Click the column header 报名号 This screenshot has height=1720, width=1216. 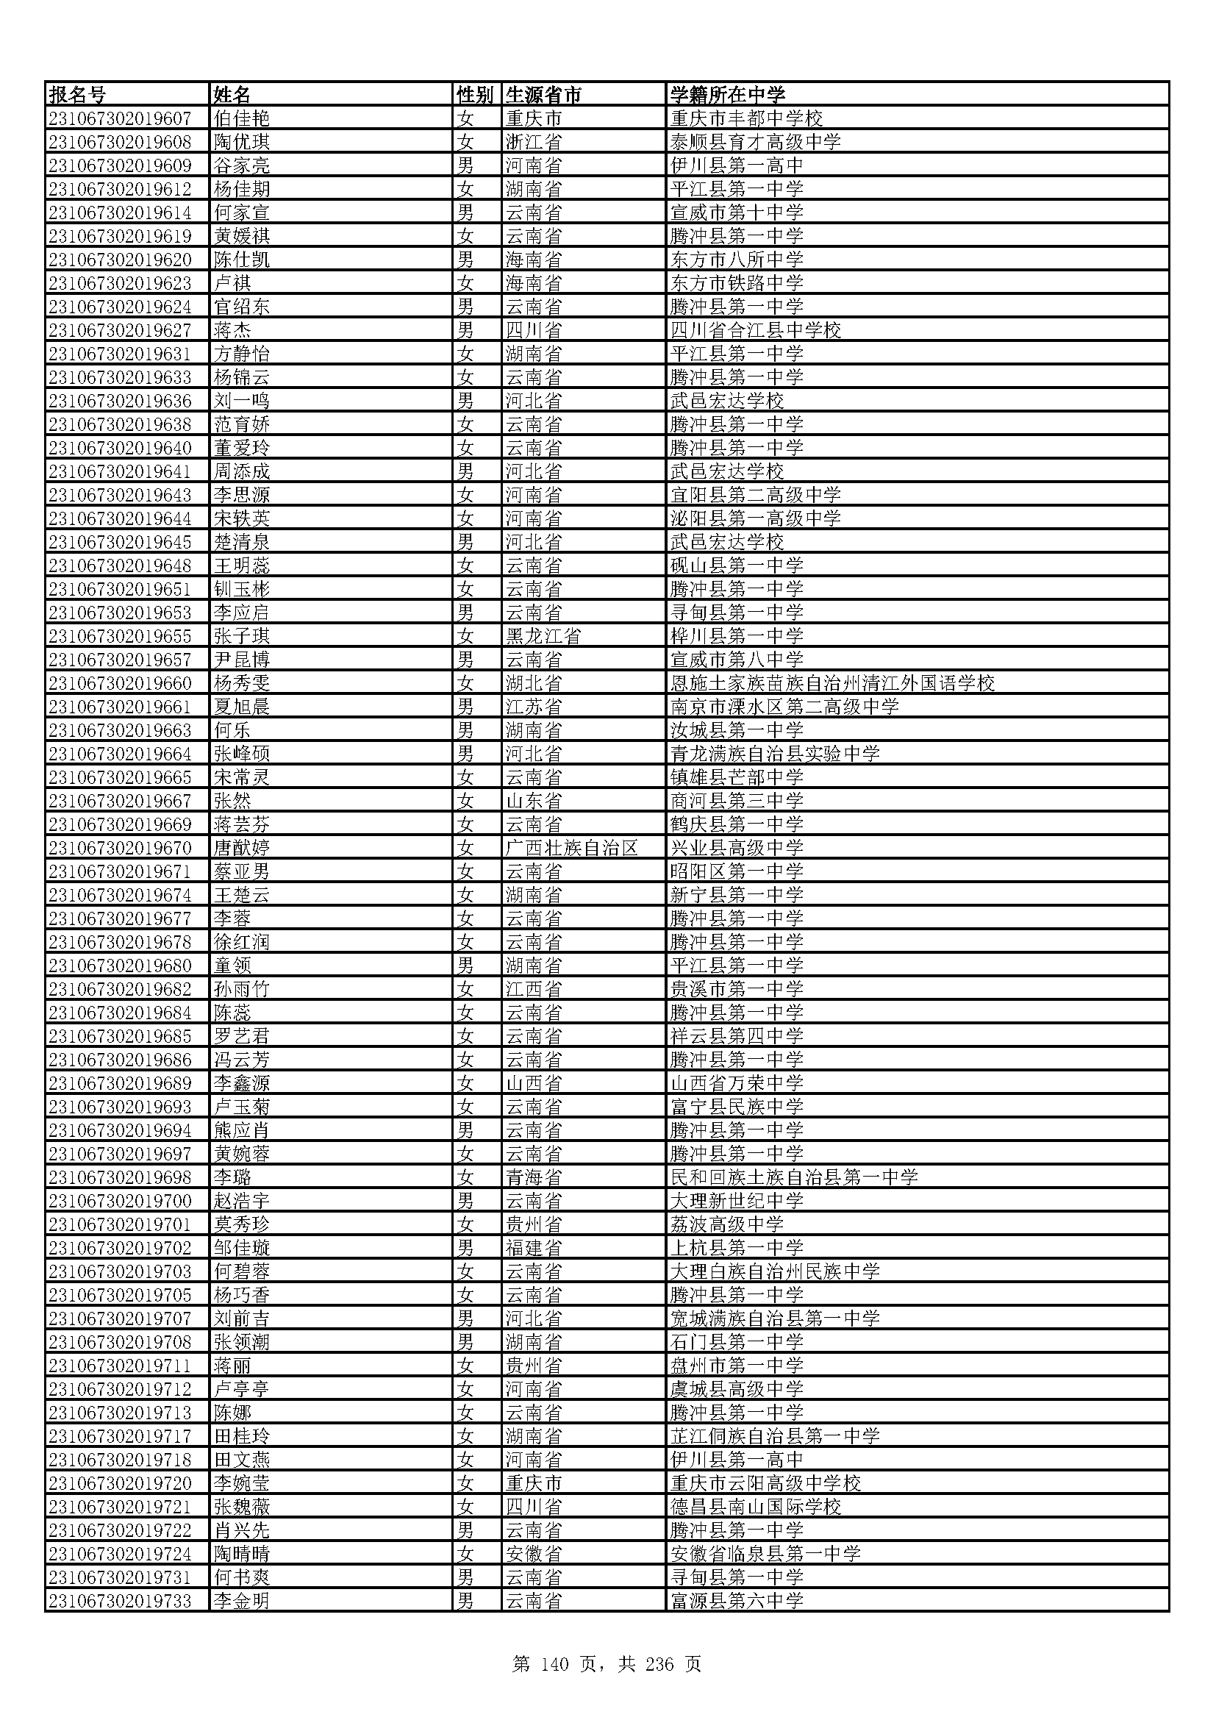78,95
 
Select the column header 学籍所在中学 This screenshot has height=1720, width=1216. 727,95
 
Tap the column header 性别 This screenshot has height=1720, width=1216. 475,95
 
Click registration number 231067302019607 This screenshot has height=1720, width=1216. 120,118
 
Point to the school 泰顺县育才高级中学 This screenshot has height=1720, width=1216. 756,143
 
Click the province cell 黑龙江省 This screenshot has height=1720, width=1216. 543,636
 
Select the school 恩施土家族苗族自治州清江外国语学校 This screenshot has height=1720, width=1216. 832,683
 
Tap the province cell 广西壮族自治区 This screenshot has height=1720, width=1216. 571,848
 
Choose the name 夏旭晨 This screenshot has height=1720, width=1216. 241,707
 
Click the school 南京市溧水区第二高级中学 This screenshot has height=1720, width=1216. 784,707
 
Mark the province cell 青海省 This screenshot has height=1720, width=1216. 533,1177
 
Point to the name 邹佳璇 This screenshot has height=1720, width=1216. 241,1247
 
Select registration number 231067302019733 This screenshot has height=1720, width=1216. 120,1600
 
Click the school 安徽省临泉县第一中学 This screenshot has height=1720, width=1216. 765,1553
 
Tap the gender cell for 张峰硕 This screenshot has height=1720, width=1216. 465,754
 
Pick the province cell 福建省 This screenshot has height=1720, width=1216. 533,1247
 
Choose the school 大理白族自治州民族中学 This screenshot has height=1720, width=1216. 775,1271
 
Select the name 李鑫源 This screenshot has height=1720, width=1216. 241,1083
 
